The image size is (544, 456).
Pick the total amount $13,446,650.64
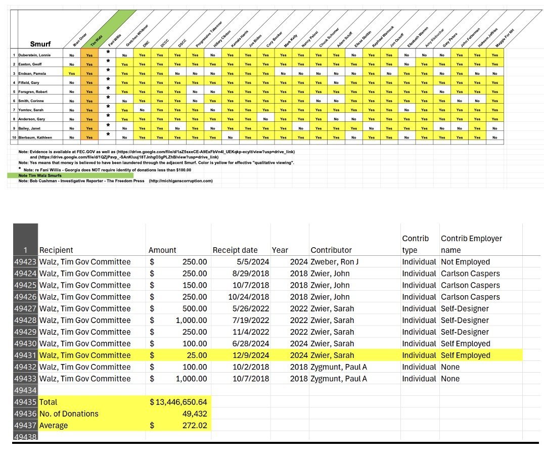tap(178, 402)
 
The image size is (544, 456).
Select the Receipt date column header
tap(235, 250)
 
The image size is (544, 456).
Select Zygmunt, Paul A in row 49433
tap(339, 379)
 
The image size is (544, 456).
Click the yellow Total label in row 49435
tap(49, 402)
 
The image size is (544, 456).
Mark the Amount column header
tap(162, 250)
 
